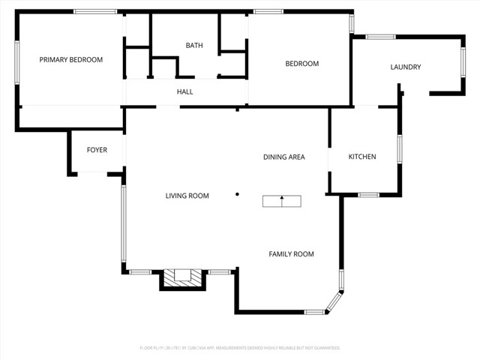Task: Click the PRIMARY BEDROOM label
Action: tap(71, 60)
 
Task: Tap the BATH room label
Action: tap(194, 46)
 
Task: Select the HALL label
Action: tap(185, 91)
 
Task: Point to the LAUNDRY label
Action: tap(406, 67)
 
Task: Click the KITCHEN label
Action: tap(362, 157)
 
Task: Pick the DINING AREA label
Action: tap(284, 157)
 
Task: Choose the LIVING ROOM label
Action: tap(187, 196)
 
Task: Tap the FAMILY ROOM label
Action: tap(292, 254)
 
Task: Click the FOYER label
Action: tap(97, 150)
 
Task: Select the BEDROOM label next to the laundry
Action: tap(302, 64)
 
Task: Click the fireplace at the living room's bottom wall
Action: tap(182, 278)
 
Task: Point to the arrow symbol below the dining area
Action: tap(282, 200)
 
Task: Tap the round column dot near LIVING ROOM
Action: tap(237, 194)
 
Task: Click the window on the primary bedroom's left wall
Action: tap(16, 63)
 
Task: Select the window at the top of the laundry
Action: tap(381, 37)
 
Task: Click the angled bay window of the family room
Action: tap(334, 302)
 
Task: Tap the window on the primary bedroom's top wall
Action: tap(95, 11)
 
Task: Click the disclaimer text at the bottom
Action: tap(240, 348)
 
